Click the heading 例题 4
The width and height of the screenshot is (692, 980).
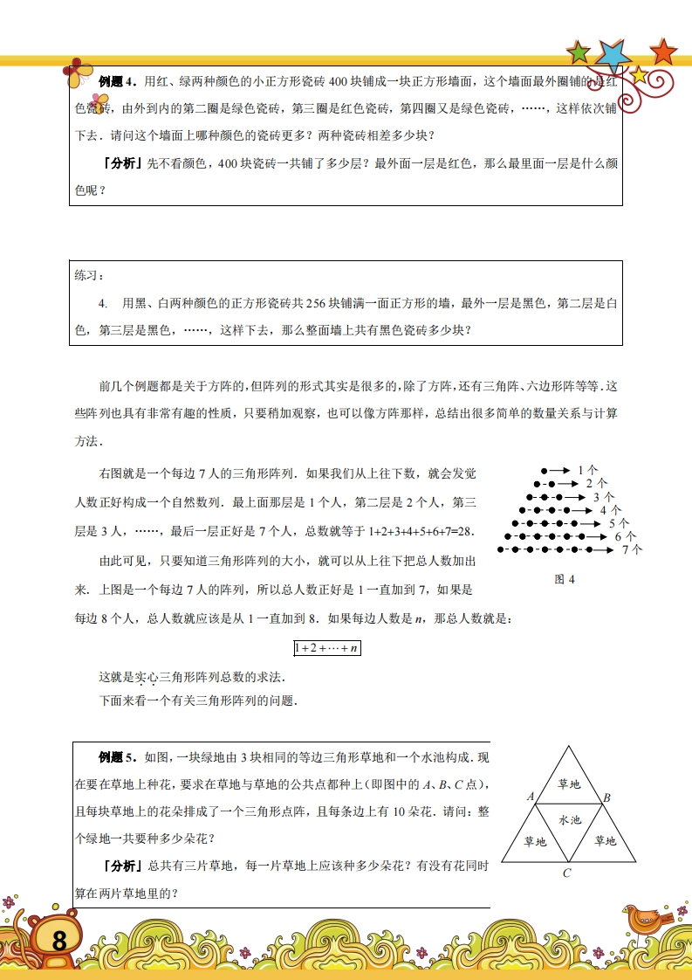(x=118, y=82)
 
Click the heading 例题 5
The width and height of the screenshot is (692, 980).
(x=118, y=756)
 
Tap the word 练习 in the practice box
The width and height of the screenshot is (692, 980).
(x=89, y=275)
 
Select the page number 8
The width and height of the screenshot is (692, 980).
(x=58, y=941)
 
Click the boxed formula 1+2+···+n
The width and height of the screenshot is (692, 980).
(x=327, y=648)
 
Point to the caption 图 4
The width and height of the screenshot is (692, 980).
(x=565, y=578)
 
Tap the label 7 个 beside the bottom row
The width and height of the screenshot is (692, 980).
(x=632, y=549)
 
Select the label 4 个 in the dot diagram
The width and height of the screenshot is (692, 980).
(x=610, y=509)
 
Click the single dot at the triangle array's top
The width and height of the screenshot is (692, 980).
(x=544, y=470)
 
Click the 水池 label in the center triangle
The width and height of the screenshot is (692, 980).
(x=569, y=819)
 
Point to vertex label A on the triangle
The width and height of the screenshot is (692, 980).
(x=531, y=796)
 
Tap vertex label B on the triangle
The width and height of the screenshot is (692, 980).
(x=606, y=797)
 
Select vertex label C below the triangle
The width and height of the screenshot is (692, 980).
(x=566, y=873)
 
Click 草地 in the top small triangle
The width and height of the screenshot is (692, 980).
(x=569, y=784)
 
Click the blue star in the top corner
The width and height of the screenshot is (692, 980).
(x=613, y=55)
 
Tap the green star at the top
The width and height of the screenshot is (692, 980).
(x=579, y=52)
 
